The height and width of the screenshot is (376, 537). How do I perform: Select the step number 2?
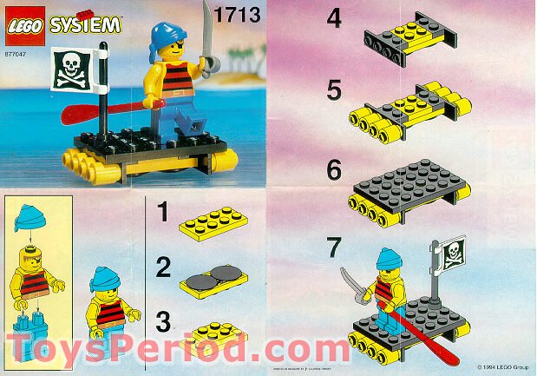(160, 267)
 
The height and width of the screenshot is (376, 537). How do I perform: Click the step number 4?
(334, 20)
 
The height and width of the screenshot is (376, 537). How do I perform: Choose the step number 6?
(335, 170)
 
